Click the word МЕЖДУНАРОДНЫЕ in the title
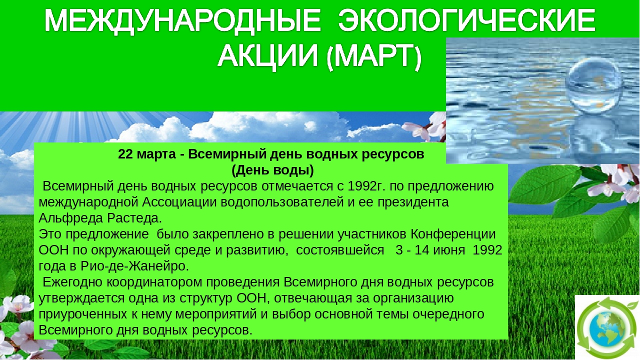point(183,21)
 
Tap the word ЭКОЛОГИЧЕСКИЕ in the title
point(467,20)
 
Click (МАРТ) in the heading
point(374,56)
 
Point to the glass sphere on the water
point(593,85)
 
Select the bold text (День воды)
point(272,170)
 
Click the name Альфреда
point(70,218)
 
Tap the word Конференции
point(453,234)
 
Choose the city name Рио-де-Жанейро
point(135,266)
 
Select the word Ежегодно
point(72,282)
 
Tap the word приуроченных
point(83,314)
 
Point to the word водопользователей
point(282,202)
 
